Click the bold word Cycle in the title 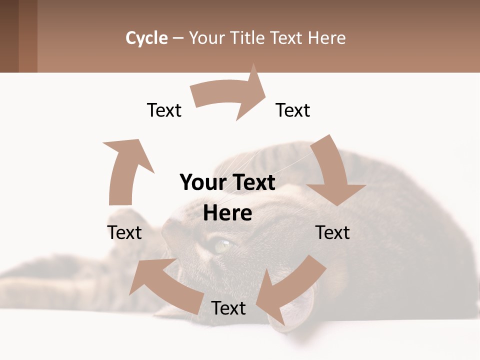[146, 38]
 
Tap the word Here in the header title [325, 38]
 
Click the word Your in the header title [206, 38]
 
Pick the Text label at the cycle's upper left [164, 110]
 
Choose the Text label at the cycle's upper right [293, 110]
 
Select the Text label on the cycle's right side [332, 232]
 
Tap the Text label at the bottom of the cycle [228, 308]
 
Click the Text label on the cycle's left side [124, 232]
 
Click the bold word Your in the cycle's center [199, 182]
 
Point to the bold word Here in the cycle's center [227, 213]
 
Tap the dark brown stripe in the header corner [9, 36]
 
